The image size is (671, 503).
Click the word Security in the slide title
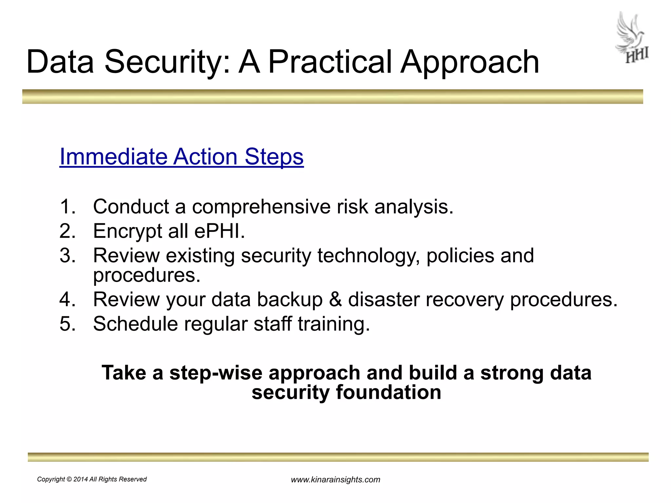click(x=167, y=62)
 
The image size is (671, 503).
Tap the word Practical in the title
click(x=330, y=62)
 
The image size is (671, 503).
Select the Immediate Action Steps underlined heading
click(x=182, y=157)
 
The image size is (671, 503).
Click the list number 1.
click(x=67, y=207)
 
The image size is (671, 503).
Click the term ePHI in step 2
click(x=219, y=231)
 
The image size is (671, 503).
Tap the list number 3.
click(x=67, y=255)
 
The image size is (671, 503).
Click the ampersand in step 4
click(x=335, y=299)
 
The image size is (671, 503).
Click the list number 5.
click(x=67, y=324)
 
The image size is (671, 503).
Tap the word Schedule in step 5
click(x=135, y=324)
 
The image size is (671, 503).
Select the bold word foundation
click(x=388, y=392)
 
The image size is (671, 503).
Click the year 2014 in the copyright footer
click(x=81, y=479)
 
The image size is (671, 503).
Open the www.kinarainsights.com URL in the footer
click(x=335, y=480)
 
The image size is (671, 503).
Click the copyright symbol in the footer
click(x=69, y=479)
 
